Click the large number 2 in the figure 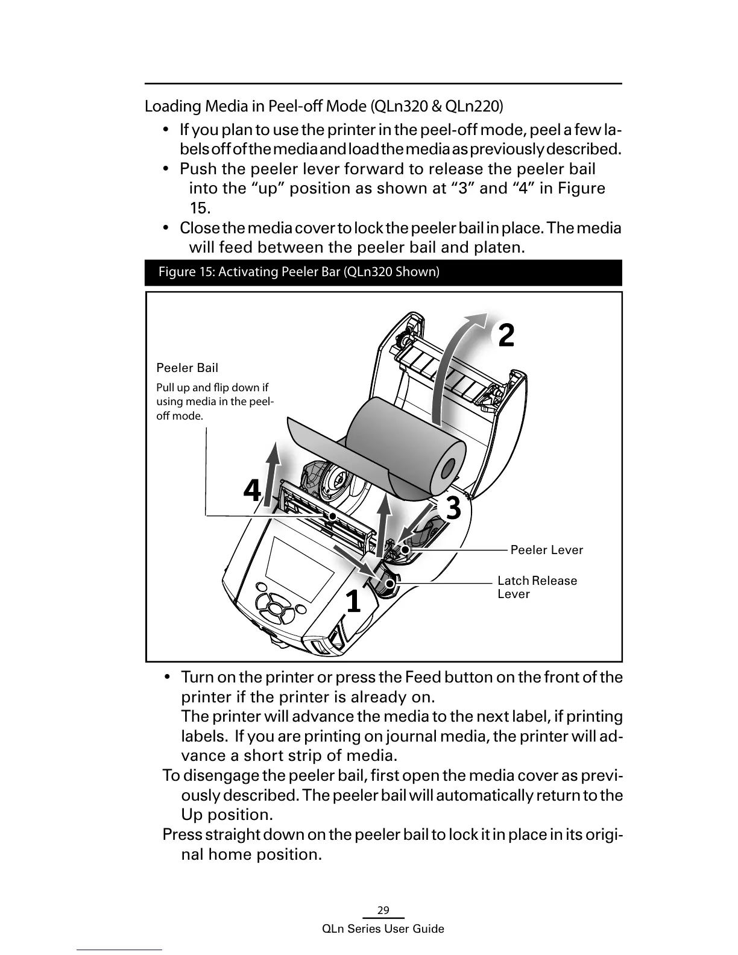point(506,335)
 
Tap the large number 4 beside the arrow point(253,491)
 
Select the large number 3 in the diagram point(453,508)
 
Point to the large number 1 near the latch point(353,601)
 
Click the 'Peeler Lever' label point(546,550)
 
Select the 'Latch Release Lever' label point(537,587)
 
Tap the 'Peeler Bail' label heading point(188,368)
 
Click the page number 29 point(383,910)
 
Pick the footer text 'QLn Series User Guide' point(383,929)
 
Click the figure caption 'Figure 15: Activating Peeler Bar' point(298,272)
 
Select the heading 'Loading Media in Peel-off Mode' point(323,107)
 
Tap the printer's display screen point(300,567)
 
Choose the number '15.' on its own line point(200,209)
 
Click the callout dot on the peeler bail point(332,517)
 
